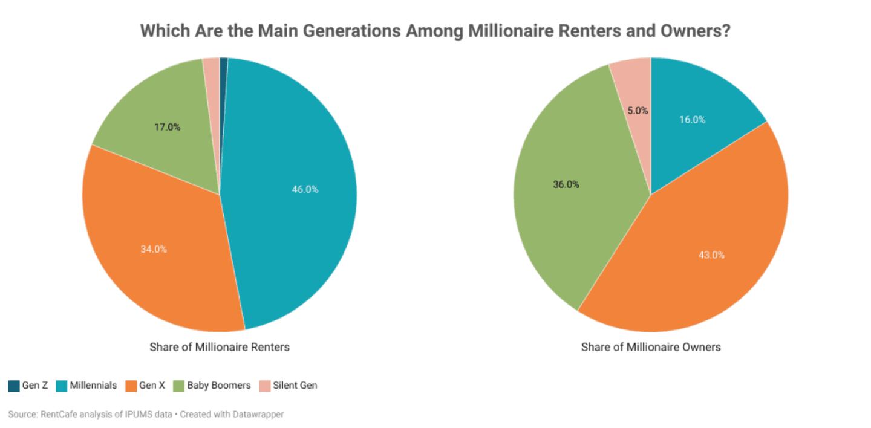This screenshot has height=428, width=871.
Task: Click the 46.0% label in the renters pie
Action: [305, 189]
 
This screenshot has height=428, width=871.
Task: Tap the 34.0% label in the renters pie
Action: [154, 249]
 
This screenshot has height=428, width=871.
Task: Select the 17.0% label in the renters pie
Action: [167, 128]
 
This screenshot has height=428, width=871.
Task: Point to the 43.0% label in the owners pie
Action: [711, 255]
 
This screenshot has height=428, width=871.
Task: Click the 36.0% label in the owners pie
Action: [566, 184]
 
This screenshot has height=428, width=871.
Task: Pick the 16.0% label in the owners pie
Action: [692, 120]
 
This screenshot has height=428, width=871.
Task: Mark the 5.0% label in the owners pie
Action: [638, 111]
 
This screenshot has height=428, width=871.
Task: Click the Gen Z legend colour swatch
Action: [14, 385]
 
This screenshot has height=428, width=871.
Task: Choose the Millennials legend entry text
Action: [93, 385]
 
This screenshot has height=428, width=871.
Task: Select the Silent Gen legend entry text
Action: [295, 385]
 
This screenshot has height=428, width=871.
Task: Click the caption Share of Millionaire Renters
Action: [219, 347]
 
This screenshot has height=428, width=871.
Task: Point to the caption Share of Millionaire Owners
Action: [651, 347]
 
